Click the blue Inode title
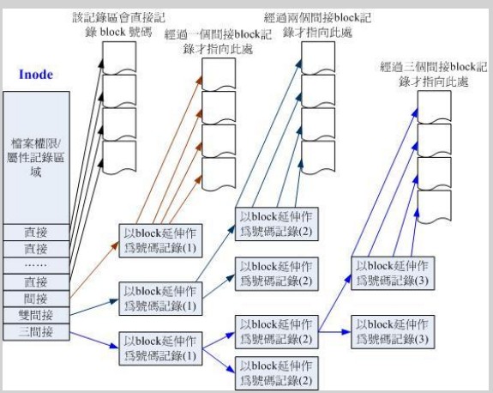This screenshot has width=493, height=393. [x=36, y=75]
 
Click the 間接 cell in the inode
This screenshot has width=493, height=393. [x=36, y=299]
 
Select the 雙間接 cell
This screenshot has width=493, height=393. [x=36, y=315]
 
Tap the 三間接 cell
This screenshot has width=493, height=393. [x=36, y=332]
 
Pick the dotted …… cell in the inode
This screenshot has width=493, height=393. [x=36, y=265]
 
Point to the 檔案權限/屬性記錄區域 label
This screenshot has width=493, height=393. [x=36, y=158]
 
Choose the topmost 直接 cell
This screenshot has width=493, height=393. [x=36, y=233]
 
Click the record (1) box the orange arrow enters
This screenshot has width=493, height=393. [x=160, y=241]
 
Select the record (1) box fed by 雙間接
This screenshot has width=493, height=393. [x=160, y=299]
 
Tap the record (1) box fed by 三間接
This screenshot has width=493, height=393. [x=160, y=348]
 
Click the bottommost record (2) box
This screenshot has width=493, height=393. [x=277, y=373]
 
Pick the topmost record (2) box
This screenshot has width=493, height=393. [x=277, y=224]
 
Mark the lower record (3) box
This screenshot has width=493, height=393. [x=393, y=332]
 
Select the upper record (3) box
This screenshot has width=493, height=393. [x=393, y=273]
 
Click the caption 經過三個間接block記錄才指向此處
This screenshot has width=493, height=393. [x=434, y=75]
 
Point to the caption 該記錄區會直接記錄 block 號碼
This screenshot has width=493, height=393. [x=118, y=25]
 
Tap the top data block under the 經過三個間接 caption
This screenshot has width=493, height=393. [x=434, y=107]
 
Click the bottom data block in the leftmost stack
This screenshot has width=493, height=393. [x=119, y=157]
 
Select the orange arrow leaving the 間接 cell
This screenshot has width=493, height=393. [x=94, y=269]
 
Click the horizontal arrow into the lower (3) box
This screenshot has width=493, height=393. [x=334, y=331]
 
